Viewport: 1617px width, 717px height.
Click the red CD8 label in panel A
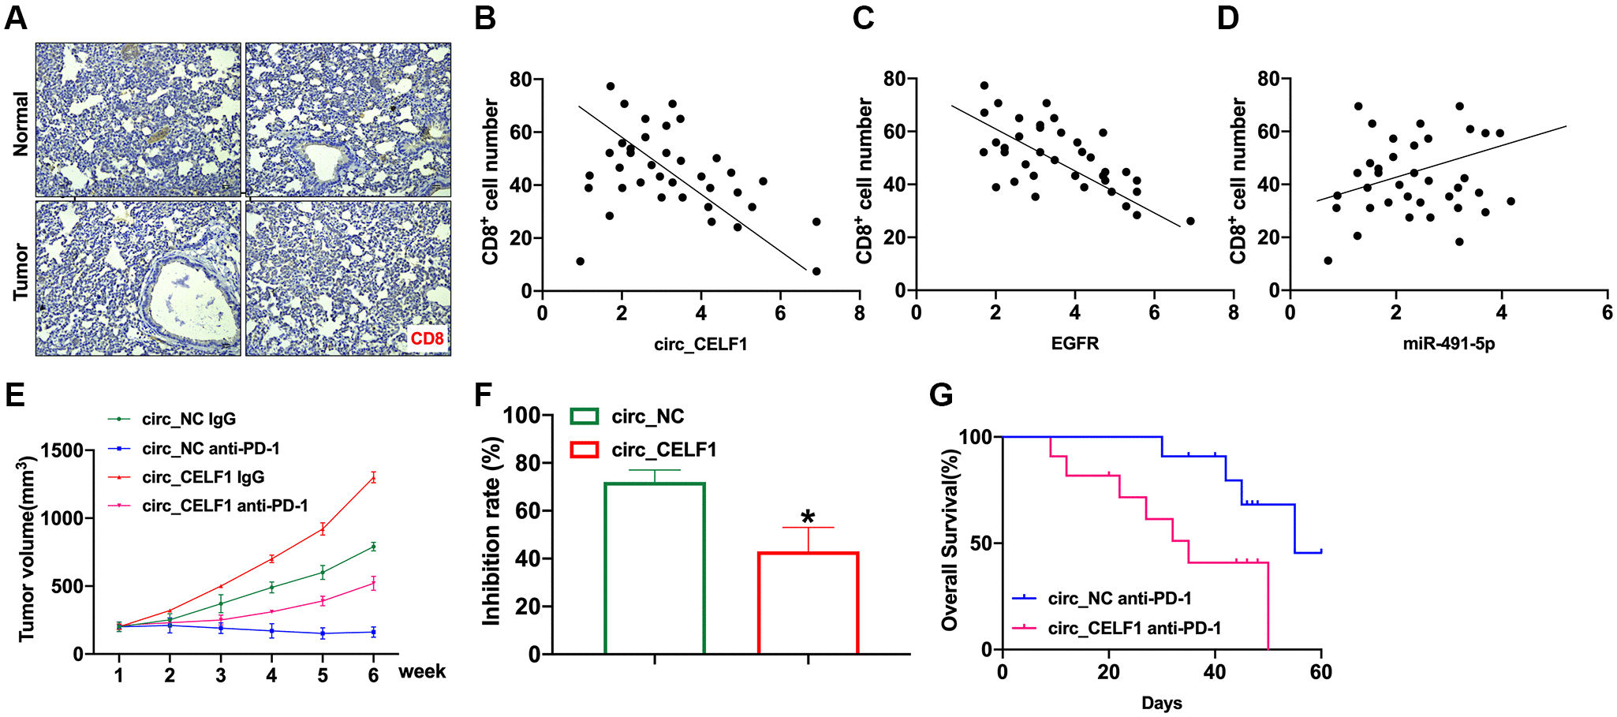click(427, 338)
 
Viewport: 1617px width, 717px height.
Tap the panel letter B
click(485, 17)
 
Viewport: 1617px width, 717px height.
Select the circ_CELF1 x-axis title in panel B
click(700, 344)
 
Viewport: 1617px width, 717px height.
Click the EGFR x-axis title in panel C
click(1074, 343)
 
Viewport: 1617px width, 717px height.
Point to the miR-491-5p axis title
click(1448, 344)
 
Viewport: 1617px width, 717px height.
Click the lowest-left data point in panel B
click(580, 261)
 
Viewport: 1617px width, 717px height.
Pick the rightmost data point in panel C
click(1190, 221)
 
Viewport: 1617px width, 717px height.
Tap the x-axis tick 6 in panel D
click(1607, 313)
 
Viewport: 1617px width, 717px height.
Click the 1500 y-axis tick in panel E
click(62, 451)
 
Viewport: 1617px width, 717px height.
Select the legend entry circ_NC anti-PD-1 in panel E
click(211, 448)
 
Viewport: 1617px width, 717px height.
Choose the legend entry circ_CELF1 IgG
click(203, 477)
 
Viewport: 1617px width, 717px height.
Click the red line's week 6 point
click(373, 476)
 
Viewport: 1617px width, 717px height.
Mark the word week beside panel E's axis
click(422, 672)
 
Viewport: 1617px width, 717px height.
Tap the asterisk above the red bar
click(808, 517)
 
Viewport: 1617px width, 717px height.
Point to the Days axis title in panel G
click(1161, 703)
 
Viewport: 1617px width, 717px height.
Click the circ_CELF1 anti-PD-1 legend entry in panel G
click(1133, 628)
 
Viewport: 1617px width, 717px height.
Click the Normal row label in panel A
click(21, 124)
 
